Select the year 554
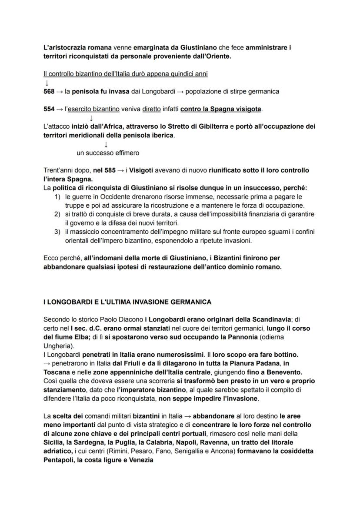(x=49, y=109)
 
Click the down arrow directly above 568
(x=46, y=83)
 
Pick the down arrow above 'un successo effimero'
(x=106, y=144)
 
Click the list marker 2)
(x=57, y=214)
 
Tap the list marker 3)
(x=57, y=232)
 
